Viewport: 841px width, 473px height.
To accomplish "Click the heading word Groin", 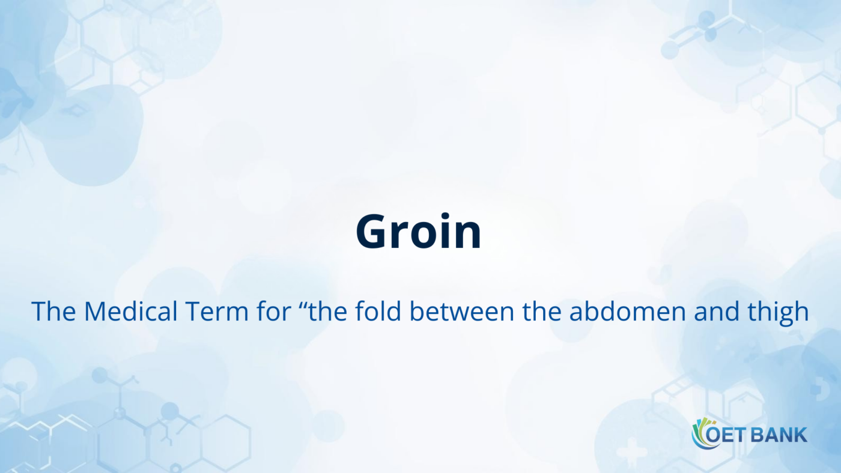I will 419,233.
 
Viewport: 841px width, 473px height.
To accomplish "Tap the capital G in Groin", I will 372,233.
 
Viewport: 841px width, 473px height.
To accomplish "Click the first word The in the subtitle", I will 52,312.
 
